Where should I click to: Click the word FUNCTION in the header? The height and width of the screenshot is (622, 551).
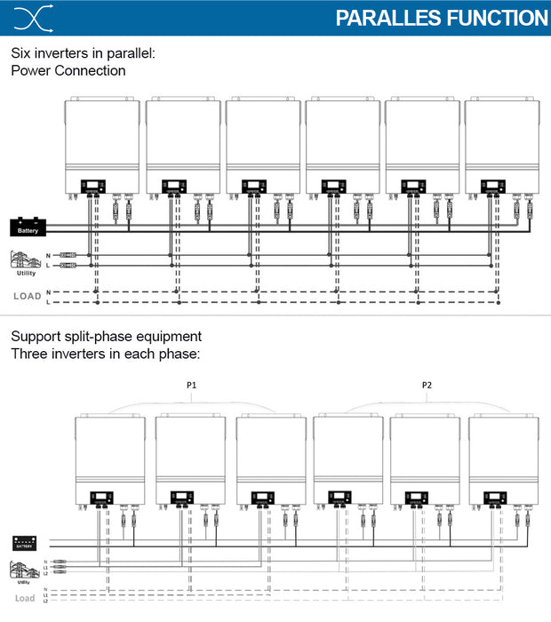click(489, 19)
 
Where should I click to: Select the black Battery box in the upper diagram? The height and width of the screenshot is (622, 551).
click(27, 227)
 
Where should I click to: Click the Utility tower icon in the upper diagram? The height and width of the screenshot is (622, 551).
click(25, 260)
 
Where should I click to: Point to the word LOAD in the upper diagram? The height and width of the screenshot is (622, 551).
click(27, 296)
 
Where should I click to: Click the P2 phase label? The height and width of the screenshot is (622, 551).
click(427, 387)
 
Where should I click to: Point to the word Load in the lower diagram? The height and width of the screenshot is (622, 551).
click(25, 599)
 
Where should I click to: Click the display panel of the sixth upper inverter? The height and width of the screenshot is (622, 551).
click(492, 187)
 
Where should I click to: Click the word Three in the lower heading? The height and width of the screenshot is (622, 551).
click(29, 354)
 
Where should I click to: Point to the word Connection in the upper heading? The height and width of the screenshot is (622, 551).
click(92, 70)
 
